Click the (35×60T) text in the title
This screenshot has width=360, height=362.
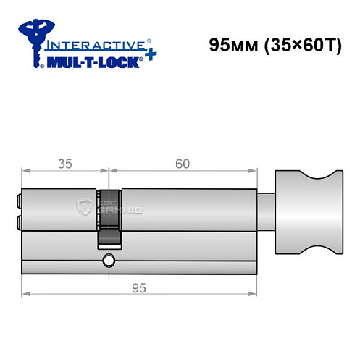tap(296, 45)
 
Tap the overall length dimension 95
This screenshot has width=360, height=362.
tap(140, 287)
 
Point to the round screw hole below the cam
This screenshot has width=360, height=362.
tap(109, 260)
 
